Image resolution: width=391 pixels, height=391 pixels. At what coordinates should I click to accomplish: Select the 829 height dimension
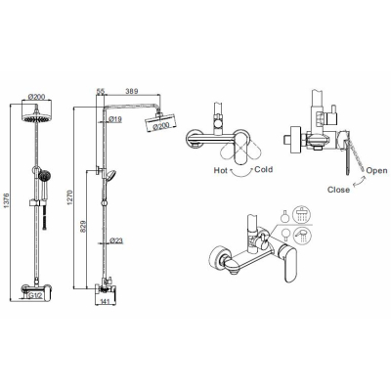pos(83,227)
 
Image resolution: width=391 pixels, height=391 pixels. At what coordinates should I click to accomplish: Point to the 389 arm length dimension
pos(132,92)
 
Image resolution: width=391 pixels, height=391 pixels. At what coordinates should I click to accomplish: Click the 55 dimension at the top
pos(101,92)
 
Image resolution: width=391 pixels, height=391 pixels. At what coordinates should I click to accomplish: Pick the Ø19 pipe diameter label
pos(115,119)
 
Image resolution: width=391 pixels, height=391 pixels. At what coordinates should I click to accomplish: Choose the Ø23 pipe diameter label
pos(116,240)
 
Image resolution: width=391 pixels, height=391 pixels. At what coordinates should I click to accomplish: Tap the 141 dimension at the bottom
pos(105,302)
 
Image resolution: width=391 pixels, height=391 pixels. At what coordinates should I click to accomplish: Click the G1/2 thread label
pos(35,295)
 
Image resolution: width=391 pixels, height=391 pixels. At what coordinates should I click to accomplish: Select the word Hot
pos(221,170)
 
